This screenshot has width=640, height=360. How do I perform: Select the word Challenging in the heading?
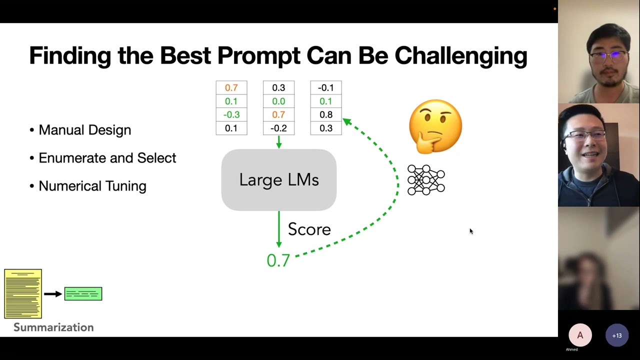(x=460, y=56)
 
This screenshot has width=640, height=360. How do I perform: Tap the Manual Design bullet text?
(x=84, y=130)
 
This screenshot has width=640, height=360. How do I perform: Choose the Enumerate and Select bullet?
(x=107, y=158)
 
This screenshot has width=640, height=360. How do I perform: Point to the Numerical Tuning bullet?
(x=92, y=186)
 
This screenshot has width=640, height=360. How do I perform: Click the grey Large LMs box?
(x=279, y=180)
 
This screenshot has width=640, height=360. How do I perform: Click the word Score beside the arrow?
(x=309, y=229)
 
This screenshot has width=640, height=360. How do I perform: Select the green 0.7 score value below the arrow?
(x=278, y=260)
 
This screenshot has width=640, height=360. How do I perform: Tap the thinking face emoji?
(x=435, y=126)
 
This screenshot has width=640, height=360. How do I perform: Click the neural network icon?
(x=426, y=180)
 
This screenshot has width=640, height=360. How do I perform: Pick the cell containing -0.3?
(x=231, y=114)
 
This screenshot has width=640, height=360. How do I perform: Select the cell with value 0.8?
(x=326, y=114)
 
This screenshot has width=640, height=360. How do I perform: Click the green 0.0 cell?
(x=278, y=101)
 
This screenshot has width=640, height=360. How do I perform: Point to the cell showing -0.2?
(x=278, y=128)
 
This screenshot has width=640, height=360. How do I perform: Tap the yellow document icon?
(x=23, y=294)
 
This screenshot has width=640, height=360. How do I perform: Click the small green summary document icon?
(x=83, y=294)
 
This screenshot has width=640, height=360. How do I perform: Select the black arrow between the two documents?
(x=53, y=294)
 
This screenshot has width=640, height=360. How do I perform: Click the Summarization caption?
(x=53, y=327)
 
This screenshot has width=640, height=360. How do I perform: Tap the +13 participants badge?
(x=616, y=335)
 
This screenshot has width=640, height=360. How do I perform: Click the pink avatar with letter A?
(x=580, y=335)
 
